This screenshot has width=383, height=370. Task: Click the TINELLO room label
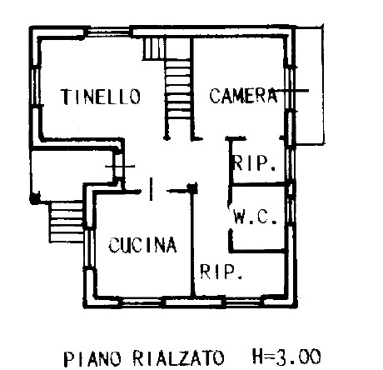pyautogui.click(x=101, y=97)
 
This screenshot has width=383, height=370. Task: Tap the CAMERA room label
pyautogui.click(x=243, y=95)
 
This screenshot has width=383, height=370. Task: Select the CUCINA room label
pyautogui.click(x=142, y=245)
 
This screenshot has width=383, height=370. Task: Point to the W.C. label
pyautogui.click(x=255, y=217)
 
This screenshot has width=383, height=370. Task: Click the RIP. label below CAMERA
pyautogui.click(x=255, y=162)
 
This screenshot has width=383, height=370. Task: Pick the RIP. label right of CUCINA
pyautogui.click(x=221, y=272)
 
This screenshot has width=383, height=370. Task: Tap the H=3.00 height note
pyautogui.click(x=286, y=357)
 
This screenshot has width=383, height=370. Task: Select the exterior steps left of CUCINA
pyautogui.click(x=67, y=222)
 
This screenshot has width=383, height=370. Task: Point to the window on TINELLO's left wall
pyautogui.click(x=36, y=86)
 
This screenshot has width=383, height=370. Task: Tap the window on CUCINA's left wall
pyautogui.click(x=88, y=247)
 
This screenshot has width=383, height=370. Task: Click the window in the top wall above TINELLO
pyautogui.click(x=109, y=32)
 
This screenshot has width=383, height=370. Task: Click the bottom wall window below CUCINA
pyautogui.click(x=142, y=302)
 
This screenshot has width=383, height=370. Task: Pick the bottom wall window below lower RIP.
pyautogui.click(x=243, y=302)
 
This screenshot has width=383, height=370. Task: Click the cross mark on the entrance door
pyautogui.click(x=120, y=167)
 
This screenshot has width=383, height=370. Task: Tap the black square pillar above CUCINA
pyautogui.click(x=192, y=188)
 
